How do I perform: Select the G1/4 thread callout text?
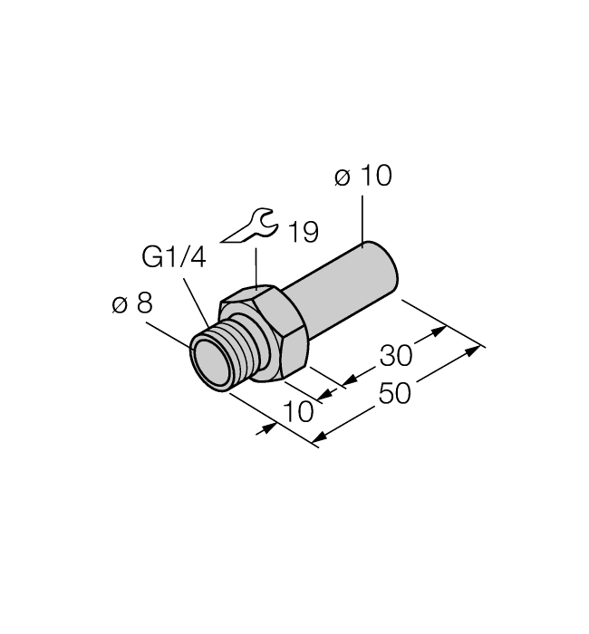click(174, 258)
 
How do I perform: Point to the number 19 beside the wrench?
click(303, 233)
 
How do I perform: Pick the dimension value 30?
click(396, 354)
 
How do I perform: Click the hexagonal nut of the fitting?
click(266, 332)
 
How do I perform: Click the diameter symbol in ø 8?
click(119, 305)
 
